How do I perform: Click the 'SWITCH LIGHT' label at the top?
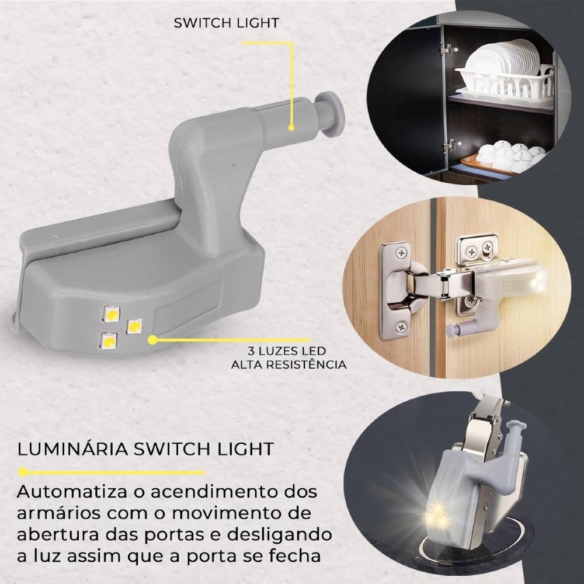coord(227,23)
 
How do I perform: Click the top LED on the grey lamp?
coord(110,315)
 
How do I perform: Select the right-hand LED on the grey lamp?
coord(134,325)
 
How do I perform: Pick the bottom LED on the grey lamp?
coord(109,340)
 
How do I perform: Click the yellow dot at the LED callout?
coord(153,339)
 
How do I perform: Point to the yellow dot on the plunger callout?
coord(290,126)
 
